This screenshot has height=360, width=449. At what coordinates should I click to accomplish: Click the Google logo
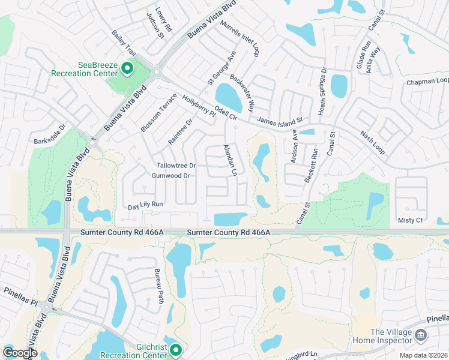(x=20, y=352)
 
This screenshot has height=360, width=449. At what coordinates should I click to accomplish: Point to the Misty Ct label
(x=410, y=220)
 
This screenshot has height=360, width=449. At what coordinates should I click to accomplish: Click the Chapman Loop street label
(x=427, y=81)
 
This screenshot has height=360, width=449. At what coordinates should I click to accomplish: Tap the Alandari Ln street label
(x=228, y=160)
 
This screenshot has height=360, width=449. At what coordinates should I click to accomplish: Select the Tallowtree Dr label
(x=176, y=166)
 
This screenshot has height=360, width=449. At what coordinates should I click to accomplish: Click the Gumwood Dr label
(x=170, y=176)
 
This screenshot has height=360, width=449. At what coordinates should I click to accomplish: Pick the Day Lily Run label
(x=145, y=205)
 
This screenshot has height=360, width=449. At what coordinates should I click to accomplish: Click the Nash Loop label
(x=372, y=143)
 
